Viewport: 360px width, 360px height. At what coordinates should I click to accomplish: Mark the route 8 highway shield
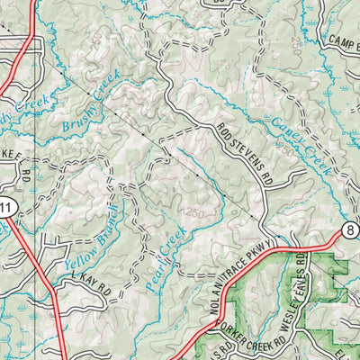pos(348,231)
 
